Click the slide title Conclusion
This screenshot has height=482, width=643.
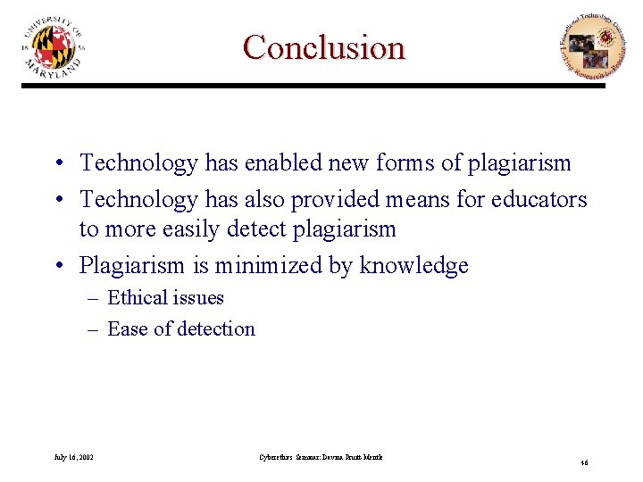pyautogui.click(x=323, y=47)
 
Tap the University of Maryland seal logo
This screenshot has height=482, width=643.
pyautogui.click(x=54, y=47)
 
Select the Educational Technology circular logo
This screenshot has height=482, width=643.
pyautogui.click(x=587, y=47)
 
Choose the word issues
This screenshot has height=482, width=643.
pyautogui.click(x=198, y=298)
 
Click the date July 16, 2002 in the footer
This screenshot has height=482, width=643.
pyautogui.click(x=74, y=457)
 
